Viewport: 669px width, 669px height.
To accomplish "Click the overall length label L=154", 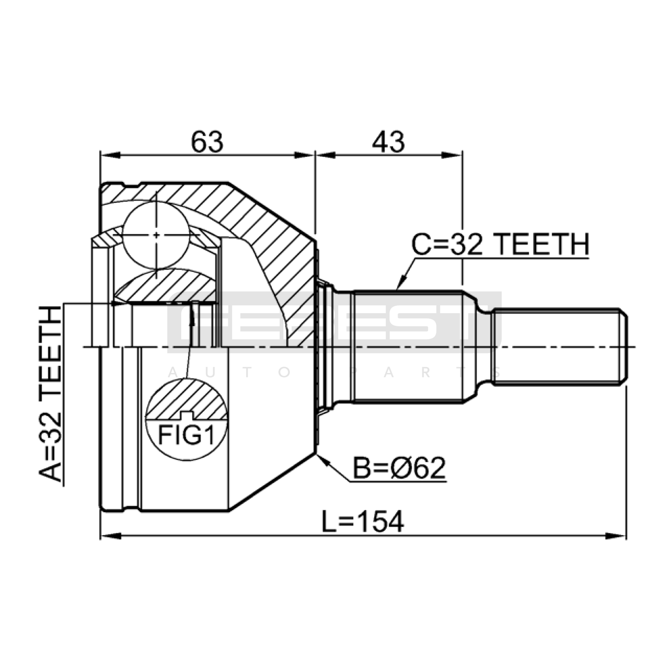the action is (363, 521).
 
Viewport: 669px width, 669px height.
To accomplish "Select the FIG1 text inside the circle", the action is (186, 436).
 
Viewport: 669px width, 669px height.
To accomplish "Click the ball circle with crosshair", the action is (156, 235).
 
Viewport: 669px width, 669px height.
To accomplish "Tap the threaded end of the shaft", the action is (560, 347).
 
